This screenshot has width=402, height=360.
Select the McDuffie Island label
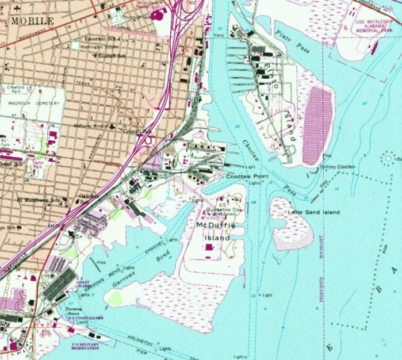click(213, 232)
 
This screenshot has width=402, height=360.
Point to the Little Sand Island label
click(313, 213)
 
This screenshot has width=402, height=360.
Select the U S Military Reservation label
click(85, 347)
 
